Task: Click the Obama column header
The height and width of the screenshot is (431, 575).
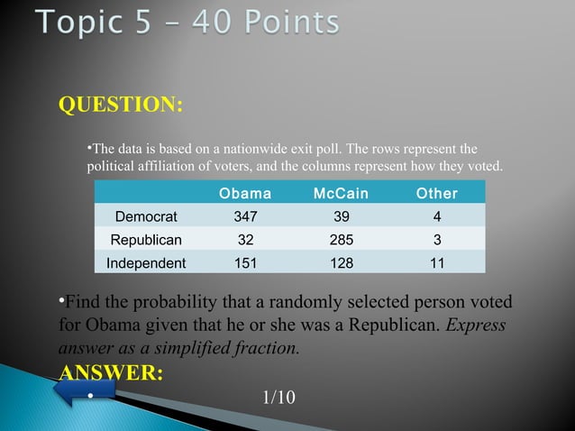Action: (245, 194)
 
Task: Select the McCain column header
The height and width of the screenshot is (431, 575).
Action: (341, 194)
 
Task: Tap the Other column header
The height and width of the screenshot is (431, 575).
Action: (436, 194)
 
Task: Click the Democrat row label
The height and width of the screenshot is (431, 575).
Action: (146, 216)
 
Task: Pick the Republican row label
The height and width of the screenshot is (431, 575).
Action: (146, 240)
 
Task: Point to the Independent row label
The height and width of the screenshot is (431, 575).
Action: (146, 263)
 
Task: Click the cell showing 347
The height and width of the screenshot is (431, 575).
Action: (245, 216)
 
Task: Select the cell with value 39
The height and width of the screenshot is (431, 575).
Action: (341, 216)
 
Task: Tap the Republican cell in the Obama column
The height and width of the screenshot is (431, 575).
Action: (245, 240)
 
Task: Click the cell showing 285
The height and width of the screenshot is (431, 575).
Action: (341, 240)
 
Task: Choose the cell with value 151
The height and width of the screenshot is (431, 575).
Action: (245, 263)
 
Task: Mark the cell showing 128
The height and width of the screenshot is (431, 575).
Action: (341, 263)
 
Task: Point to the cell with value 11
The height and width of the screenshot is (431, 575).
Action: (436, 263)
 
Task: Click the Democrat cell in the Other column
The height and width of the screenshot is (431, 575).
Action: (436, 216)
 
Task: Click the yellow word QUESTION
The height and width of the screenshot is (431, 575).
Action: (121, 105)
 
